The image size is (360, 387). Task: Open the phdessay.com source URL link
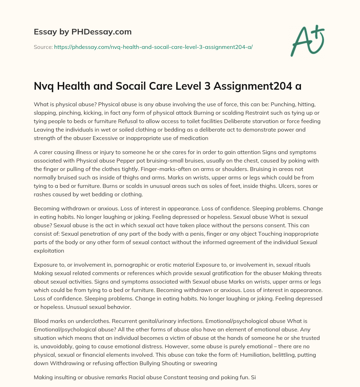click(x=153, y=47)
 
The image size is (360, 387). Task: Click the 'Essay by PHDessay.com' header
click(x=83, y=32)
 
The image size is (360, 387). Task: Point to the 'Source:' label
click(x=43, y=47)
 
